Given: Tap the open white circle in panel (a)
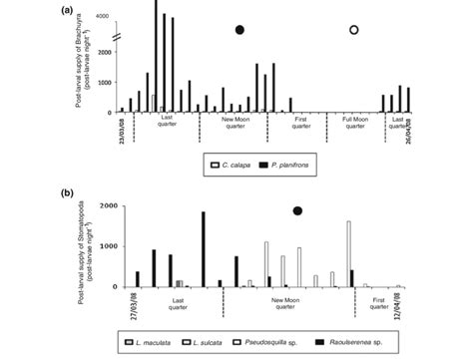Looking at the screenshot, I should click(353, 30).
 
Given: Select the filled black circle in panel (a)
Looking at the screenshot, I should click(239, 30).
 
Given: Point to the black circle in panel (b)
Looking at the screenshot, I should click(297, 210).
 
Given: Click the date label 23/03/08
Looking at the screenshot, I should click(122, 130).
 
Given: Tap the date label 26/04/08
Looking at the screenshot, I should click(409, 130).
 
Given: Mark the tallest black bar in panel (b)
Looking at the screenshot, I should click(203, 249).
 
